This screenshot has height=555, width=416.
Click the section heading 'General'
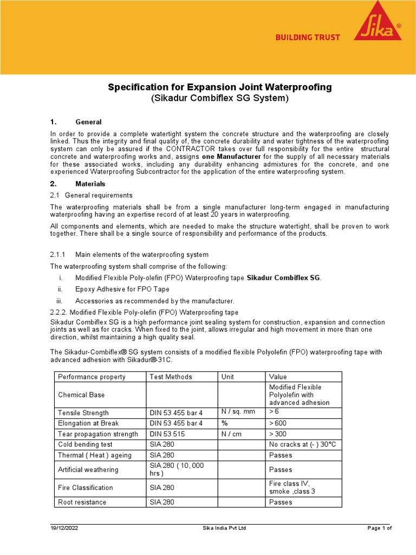tap(88, 122)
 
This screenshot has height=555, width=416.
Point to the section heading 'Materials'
tap(90, 184)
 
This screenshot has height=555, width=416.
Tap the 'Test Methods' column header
tap(170, 377)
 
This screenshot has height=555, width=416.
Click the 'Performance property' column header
tap(92, 377)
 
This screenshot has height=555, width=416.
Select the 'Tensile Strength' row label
tap(83, 413)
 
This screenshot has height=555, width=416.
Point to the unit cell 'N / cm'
tap(233, 434)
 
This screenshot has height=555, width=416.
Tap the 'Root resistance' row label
tap(82, 502)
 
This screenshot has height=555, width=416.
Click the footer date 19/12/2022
tap(65, 528)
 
